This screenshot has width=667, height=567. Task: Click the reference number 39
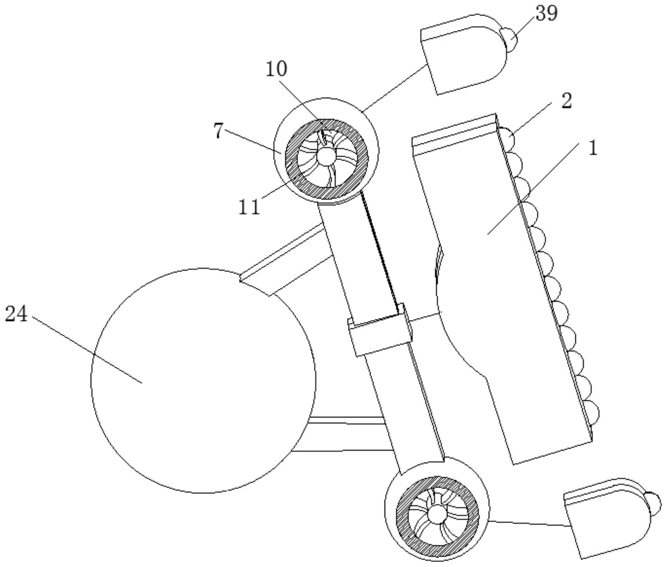[x=546, y=13]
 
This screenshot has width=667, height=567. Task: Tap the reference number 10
[x=277, y=69]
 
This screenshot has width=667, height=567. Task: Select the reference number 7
[x=218, y=132]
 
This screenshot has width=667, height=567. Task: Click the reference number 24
[x=16, y=314]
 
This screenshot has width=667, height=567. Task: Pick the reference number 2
[x=567, y=101]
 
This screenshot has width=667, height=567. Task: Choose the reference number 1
[x=593, y=148]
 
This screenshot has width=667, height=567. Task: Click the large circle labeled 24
[x=203, y=380]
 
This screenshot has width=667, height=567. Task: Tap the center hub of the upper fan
[x=326, y=157]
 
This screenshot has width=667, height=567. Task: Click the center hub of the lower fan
[x=436, y=514]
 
